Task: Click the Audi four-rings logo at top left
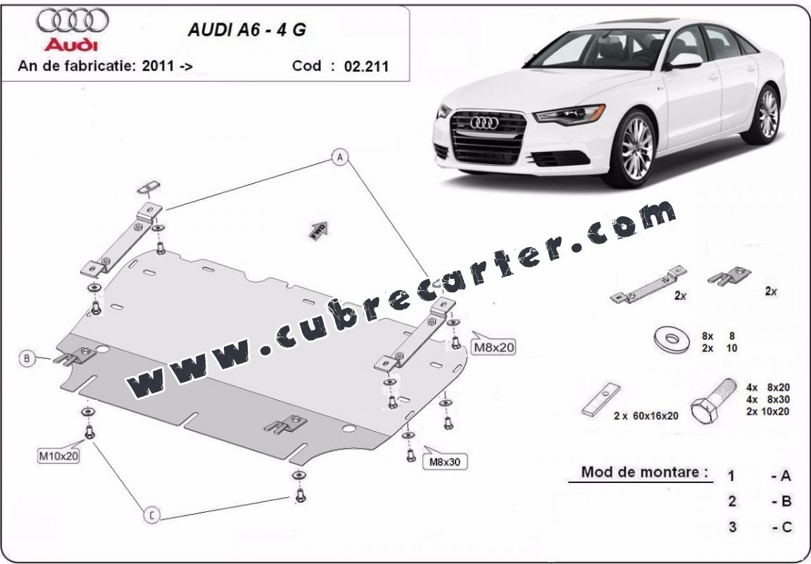(x=73, y=20)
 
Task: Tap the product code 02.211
(x=366, y=66)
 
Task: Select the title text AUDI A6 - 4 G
(x=246, y=30)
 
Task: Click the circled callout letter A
(x=340, y=157)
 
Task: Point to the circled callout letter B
(x=27, y=358)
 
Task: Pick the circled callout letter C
(x=151, y=515)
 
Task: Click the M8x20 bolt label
(x=494, y=347)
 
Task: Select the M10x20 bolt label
(x=58, y=456)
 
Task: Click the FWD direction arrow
(x=319, y=230)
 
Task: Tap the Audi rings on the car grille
(x=484, y=123)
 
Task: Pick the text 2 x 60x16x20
(x=646, y=415)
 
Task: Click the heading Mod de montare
(x=644, y=472)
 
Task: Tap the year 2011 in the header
(x=154, y=65)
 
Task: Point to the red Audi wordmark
(x=71, y=44)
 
